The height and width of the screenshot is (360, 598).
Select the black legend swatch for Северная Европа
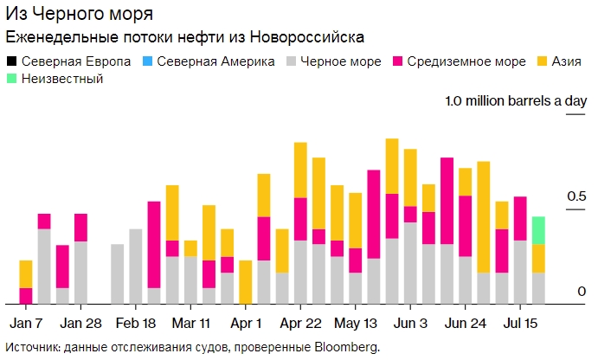click(10, 61)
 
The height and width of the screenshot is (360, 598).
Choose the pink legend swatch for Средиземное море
click(399, 61)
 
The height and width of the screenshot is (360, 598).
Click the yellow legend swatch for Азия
click(543, 61)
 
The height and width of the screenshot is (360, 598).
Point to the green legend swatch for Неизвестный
click(10, 79)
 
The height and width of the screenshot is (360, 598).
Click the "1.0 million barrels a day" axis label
click(515, 101)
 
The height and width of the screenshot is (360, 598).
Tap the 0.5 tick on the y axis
click(575, 196)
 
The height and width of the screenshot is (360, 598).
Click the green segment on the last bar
click(538, 230)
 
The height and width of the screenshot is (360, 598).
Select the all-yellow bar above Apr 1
click(246, 281)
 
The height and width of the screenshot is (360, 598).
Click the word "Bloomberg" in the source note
click(345, 347)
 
